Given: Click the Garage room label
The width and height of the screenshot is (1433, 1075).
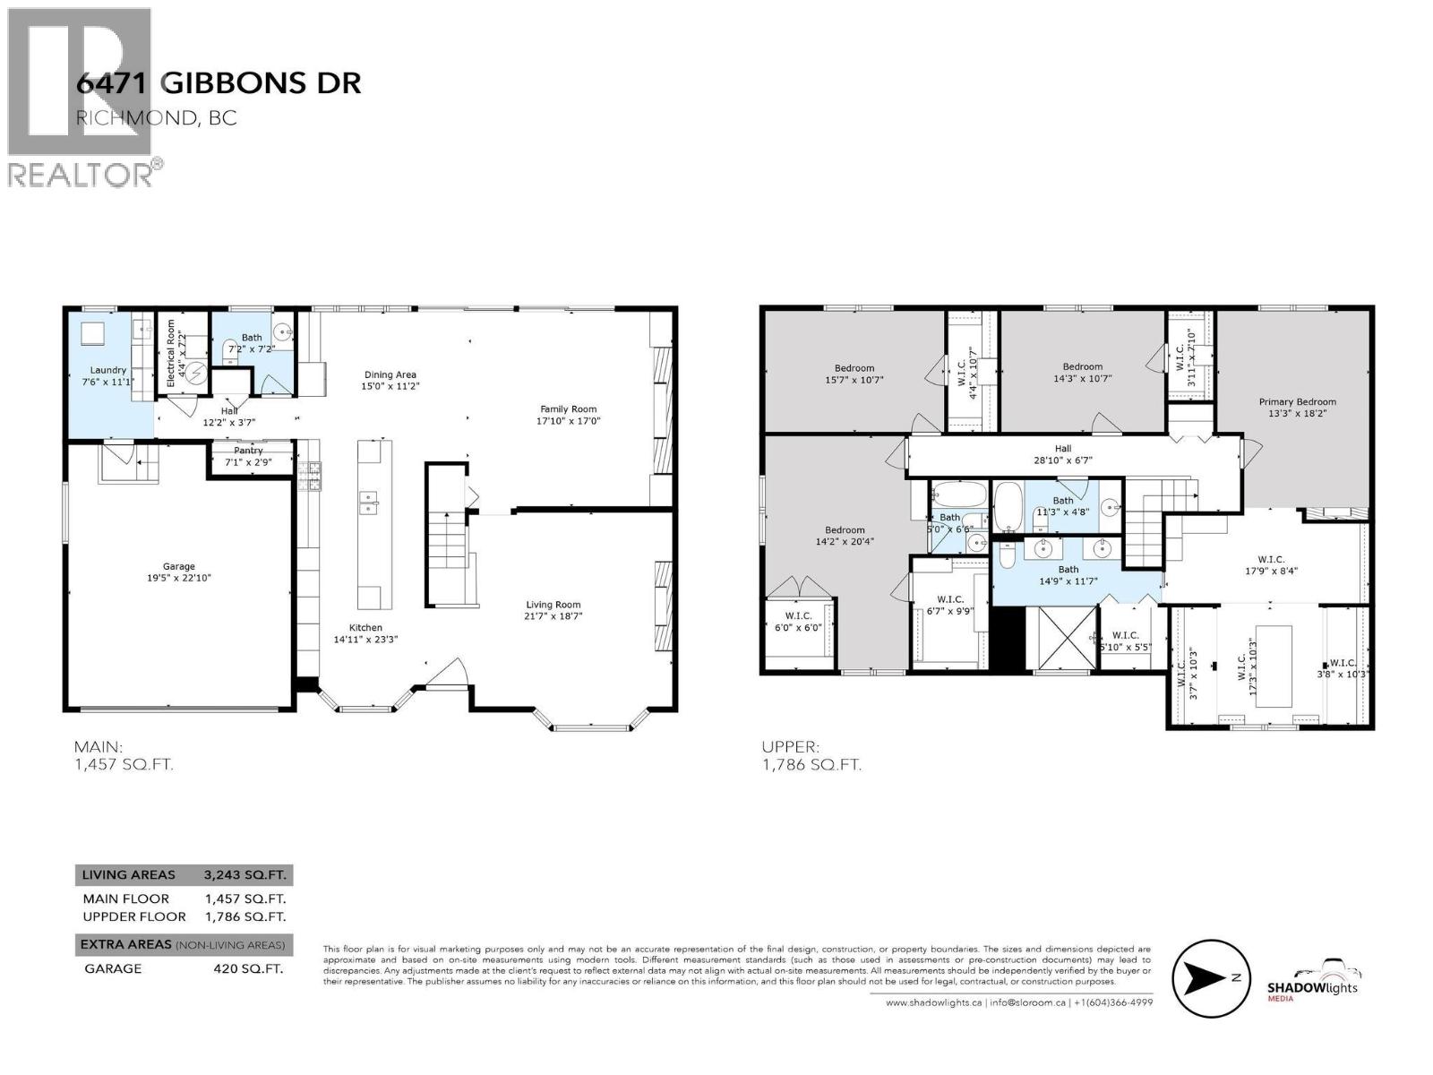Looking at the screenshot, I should coord(179,566).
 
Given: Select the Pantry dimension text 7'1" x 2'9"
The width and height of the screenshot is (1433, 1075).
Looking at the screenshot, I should coord(248,462).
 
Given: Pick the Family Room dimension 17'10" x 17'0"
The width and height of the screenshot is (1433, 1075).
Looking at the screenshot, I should coord(568,420).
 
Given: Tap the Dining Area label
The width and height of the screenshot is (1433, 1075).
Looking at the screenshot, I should coord(390,375).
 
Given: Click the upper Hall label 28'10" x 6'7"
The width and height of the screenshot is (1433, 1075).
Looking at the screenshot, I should coord(1062,449).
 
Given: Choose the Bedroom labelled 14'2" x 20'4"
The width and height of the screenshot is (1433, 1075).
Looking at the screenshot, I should coord(845,530).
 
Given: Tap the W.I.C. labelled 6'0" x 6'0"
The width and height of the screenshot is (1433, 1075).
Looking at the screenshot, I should coord(797,615).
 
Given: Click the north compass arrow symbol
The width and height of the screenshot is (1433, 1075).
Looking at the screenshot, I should coord(1210,977).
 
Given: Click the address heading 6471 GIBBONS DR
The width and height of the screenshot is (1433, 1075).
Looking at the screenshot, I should coord(219,83).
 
